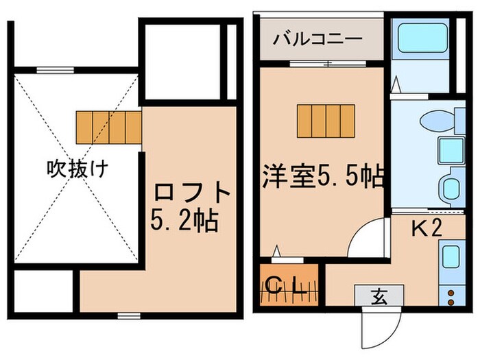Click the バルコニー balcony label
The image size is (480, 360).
tap(317, 38)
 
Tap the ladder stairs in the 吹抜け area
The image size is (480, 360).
tap(108, 126)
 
